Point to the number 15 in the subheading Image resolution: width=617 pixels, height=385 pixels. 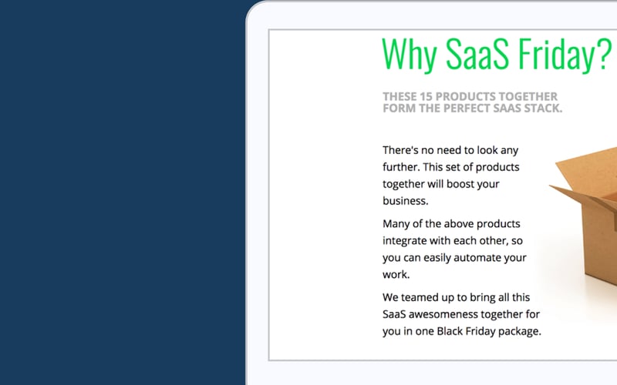pyautogui.click(x=427, y=96)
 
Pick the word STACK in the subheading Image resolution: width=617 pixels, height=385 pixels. pyautogui.click(x=543, y=109)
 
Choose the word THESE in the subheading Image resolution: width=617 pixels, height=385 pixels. pyautogui.click(x=400, y=96)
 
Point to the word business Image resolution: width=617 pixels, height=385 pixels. pyautogui.click(x=405, y=201)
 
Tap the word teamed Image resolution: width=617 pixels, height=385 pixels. pyautogui.click(x=423, y=297)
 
